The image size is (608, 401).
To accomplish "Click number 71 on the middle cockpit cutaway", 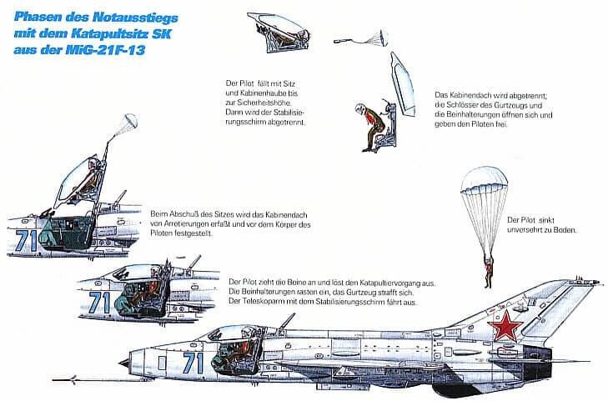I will click(x=100, y=301).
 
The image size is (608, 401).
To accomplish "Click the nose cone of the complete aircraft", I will click(x=124, y=363).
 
